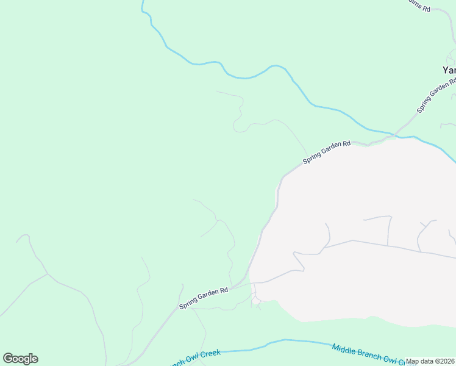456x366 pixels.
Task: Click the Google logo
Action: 20,359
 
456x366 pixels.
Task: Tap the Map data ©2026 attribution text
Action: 430,361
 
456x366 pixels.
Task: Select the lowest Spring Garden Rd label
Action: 204,298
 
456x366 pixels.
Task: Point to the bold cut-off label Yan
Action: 449,70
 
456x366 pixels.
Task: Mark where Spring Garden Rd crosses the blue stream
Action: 396,133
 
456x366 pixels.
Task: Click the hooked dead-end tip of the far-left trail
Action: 18,240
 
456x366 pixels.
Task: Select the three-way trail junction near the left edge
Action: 48,274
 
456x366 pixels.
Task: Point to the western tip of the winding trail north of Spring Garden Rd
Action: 217,92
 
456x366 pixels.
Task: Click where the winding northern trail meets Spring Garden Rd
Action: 307,156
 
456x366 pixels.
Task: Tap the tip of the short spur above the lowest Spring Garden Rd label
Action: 182,284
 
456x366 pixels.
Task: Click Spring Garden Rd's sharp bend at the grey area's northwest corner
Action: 282,178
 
